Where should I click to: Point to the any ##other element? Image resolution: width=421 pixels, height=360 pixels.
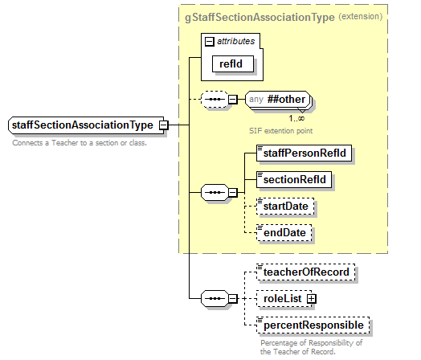[x=278, y=100]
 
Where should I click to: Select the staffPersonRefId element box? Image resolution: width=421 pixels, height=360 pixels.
[x=305, y=151]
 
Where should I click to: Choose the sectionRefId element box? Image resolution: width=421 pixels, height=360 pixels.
[x=294, y=178]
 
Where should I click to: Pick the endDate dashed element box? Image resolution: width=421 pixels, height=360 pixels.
[x=284, y=233]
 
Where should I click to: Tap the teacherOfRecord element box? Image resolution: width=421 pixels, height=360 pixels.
[x=305, y=272]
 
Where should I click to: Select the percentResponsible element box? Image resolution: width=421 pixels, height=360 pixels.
[x=313, y=325]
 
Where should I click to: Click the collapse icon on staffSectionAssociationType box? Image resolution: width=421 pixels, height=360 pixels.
[x=163, y=125]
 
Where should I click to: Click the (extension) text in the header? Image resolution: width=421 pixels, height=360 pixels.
[x=361, y=15]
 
